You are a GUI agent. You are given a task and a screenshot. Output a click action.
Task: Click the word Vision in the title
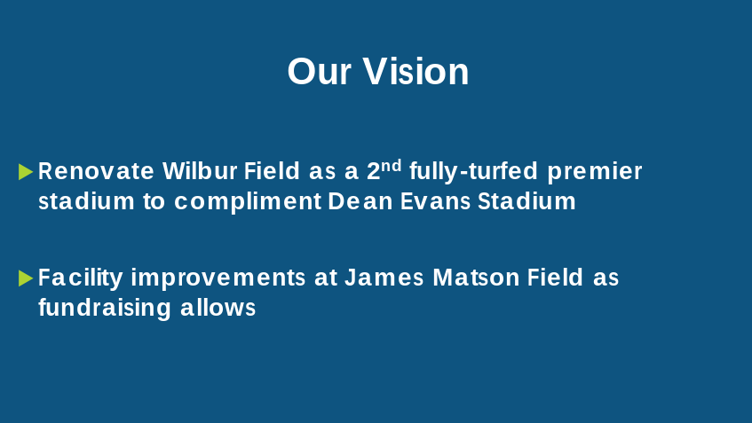[416, 71]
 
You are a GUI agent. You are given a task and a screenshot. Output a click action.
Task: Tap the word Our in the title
[320, 72]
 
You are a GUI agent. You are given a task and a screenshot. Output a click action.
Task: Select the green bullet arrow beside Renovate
[26, 171]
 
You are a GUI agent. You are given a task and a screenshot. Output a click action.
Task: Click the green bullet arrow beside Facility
[26, 278]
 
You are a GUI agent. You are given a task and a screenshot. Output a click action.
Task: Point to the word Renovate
[96, 171]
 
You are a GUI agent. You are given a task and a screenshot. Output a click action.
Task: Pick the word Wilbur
[200, 171]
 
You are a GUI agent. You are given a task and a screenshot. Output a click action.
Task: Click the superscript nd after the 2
[392, 165]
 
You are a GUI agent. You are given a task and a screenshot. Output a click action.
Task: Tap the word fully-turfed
[473, 172]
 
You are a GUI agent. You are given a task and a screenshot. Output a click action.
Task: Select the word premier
[594, 172]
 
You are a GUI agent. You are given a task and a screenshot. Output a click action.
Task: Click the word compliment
[248, 201]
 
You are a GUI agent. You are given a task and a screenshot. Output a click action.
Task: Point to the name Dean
[360, 201]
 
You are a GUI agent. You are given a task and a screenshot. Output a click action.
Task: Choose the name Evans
[435, 201]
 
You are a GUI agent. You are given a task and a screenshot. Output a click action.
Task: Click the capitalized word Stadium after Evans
[526, 201]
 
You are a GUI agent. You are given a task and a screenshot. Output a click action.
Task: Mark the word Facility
[81, 278]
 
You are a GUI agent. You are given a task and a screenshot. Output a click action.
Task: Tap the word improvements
[218, 278]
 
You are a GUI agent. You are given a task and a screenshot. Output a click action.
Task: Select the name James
[384, 278]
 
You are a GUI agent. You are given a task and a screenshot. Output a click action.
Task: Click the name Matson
[476, 278]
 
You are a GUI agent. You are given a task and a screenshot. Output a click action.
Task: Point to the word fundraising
[105, 308]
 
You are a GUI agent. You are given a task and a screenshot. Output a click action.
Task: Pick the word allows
[218, 308]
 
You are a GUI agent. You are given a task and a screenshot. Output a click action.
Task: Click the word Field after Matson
[555, 278]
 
